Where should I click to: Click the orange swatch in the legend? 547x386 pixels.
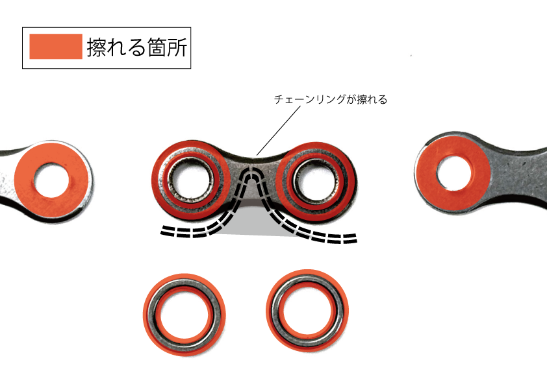coord(56,47)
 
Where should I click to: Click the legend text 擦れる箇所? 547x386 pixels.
coord(136,47)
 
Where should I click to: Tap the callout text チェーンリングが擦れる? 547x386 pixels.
coord(331,100)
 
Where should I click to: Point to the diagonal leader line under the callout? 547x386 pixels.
coord(279,130)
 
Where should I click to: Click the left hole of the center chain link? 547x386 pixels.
coord(192,179)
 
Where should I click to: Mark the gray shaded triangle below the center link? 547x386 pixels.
coord(260,224)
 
